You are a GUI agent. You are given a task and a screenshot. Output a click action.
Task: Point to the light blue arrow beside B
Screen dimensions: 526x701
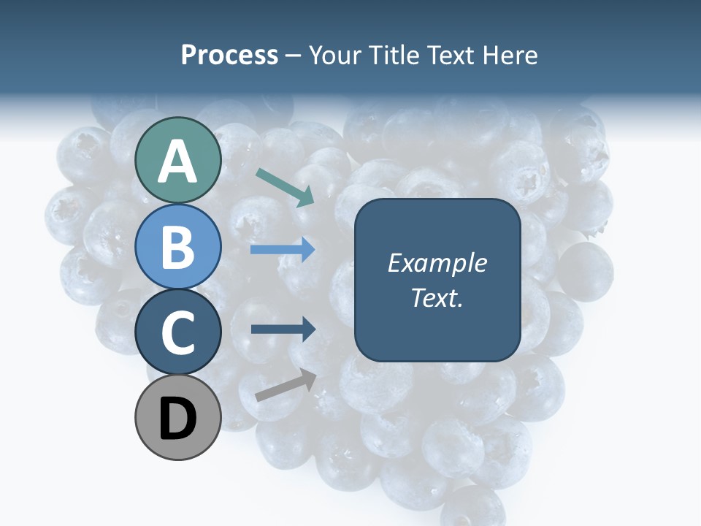tap(283, 250)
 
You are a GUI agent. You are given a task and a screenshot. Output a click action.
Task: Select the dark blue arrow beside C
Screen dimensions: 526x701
tap(283, 329)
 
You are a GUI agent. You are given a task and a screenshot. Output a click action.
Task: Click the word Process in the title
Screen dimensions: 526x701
tap(229, 56)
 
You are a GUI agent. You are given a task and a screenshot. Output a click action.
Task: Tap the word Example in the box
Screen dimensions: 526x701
tap(437, 263)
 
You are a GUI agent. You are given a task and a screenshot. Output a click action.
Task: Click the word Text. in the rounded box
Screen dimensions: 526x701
tap(437, 297)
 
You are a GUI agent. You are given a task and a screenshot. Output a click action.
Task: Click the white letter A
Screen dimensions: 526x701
tap(178, 161)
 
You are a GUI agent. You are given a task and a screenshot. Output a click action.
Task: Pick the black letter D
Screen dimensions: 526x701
tap(178, 419)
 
